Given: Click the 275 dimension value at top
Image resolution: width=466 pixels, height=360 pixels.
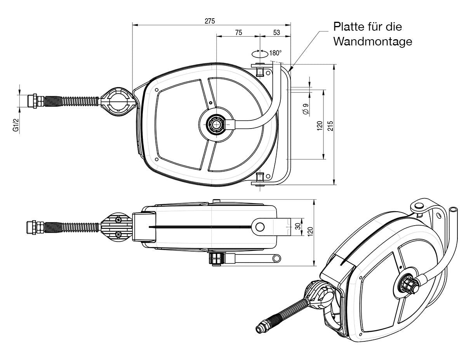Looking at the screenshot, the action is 210,21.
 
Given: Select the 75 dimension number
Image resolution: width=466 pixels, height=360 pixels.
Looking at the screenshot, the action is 238,33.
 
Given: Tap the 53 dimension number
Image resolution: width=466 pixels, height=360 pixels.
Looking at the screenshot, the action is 276,33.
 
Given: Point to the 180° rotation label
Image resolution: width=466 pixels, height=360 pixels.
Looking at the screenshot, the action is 275,53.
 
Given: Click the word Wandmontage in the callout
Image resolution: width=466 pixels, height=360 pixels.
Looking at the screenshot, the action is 373,42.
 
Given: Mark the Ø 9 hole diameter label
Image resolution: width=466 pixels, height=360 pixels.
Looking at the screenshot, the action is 306,109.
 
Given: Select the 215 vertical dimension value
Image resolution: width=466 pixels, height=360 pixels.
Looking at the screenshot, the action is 330,126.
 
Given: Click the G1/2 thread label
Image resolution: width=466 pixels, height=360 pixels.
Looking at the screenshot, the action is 16,125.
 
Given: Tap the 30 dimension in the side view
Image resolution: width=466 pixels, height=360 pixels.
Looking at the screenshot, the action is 298,226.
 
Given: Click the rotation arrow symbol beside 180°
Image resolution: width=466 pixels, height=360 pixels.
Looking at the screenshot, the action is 260,54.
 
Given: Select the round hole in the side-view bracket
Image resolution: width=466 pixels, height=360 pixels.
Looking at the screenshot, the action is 260,227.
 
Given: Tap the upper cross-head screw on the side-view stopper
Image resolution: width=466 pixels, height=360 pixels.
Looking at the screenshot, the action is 118,219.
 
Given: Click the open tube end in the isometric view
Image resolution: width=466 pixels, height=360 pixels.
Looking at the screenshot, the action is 453,209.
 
